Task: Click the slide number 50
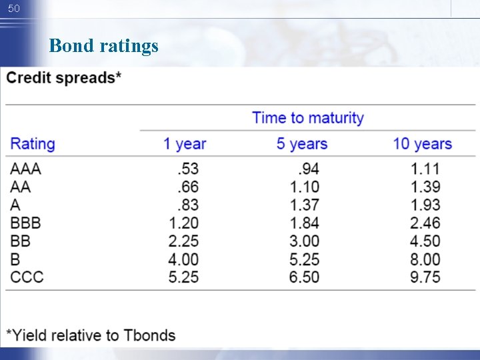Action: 15,9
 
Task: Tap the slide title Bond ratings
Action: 104,46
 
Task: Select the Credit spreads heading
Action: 64,78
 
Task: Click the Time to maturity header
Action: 308,118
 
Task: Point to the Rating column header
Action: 33,143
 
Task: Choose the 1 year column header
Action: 185,143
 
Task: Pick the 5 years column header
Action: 302,143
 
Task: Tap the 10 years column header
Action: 422,143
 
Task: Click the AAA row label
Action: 25,169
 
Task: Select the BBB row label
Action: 25,223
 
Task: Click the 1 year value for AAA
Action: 186,169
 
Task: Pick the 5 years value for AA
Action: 305,187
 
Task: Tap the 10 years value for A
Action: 425,205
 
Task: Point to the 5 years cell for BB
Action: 303,241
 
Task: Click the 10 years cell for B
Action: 425,259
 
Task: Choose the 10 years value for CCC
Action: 425,277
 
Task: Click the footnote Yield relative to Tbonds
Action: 91,335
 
